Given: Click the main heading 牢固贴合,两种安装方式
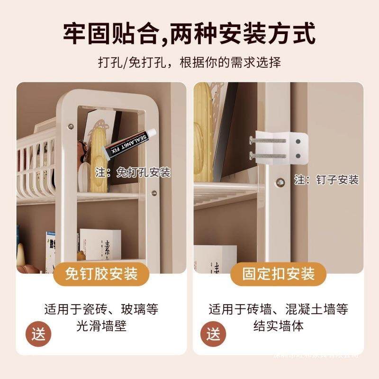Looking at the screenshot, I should pyautogui.click(x=189, y=34).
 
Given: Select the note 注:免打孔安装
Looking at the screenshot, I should pyautogui.click(x=132, y=172).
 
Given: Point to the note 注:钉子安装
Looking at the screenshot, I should pyautogui.click(x=326, y=180).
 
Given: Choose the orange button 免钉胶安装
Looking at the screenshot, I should pyautogui.click(x=102, y=273).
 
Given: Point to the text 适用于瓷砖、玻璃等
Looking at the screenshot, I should pyautogui.click(x=101, y=310).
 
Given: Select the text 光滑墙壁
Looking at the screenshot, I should pyautogui.click(x=101, y=326).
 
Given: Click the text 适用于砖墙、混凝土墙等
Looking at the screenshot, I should pyautogui.click(x=279, y=310).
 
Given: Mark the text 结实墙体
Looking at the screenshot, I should pyautogui.click(x=279, y=326).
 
